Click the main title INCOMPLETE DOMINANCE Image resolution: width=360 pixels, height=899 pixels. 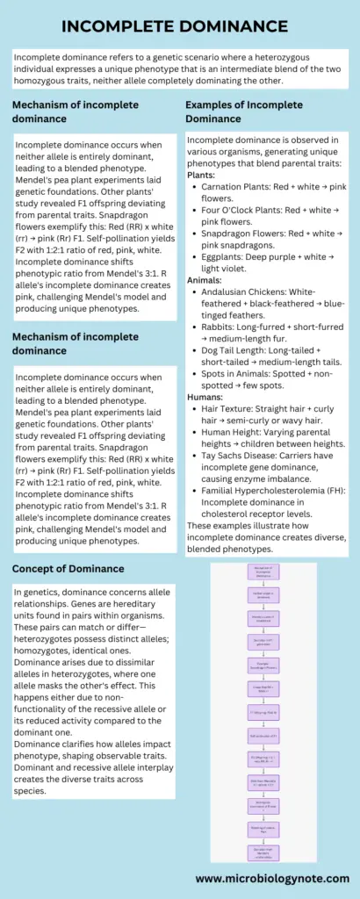(x=180, y=25)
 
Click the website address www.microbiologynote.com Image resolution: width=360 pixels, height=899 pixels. (x=271, y=877)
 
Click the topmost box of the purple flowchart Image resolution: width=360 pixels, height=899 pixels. (x=263, y=574)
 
